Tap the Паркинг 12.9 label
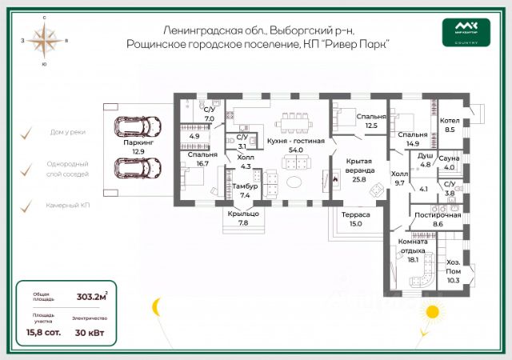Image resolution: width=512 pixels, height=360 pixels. point(138,146)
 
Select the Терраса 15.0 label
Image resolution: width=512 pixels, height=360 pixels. point(355,218)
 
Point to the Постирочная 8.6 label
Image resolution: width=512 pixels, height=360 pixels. point(437,220)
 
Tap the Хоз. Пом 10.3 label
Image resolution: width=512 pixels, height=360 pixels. point(453,271)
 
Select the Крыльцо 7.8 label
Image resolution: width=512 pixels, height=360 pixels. point(243,218)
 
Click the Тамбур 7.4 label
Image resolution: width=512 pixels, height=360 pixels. point(245,190)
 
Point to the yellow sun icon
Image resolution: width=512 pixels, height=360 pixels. point(433,310)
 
